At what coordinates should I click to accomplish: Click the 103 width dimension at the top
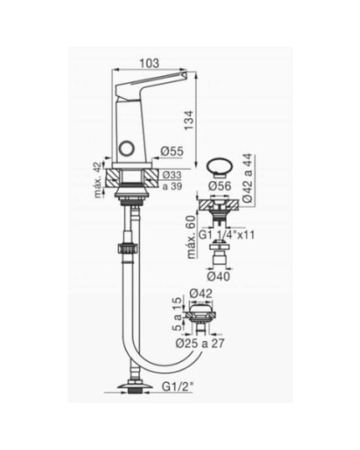pos(150,63)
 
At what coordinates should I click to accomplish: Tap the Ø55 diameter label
pos(172,151)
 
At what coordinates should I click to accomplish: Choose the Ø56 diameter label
pos(220,186)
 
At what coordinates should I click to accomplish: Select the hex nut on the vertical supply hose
pos(130,250)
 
